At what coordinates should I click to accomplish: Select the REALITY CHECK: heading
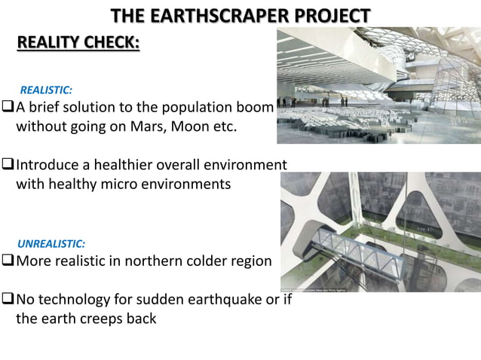(78, 41)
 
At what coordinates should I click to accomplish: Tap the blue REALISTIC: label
(45, 90)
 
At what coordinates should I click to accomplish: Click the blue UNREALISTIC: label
(51, 244)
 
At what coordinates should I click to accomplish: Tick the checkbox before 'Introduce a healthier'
(8, 164)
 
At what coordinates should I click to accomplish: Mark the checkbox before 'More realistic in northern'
(8, 261)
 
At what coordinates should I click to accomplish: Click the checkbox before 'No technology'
(8, 300)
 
